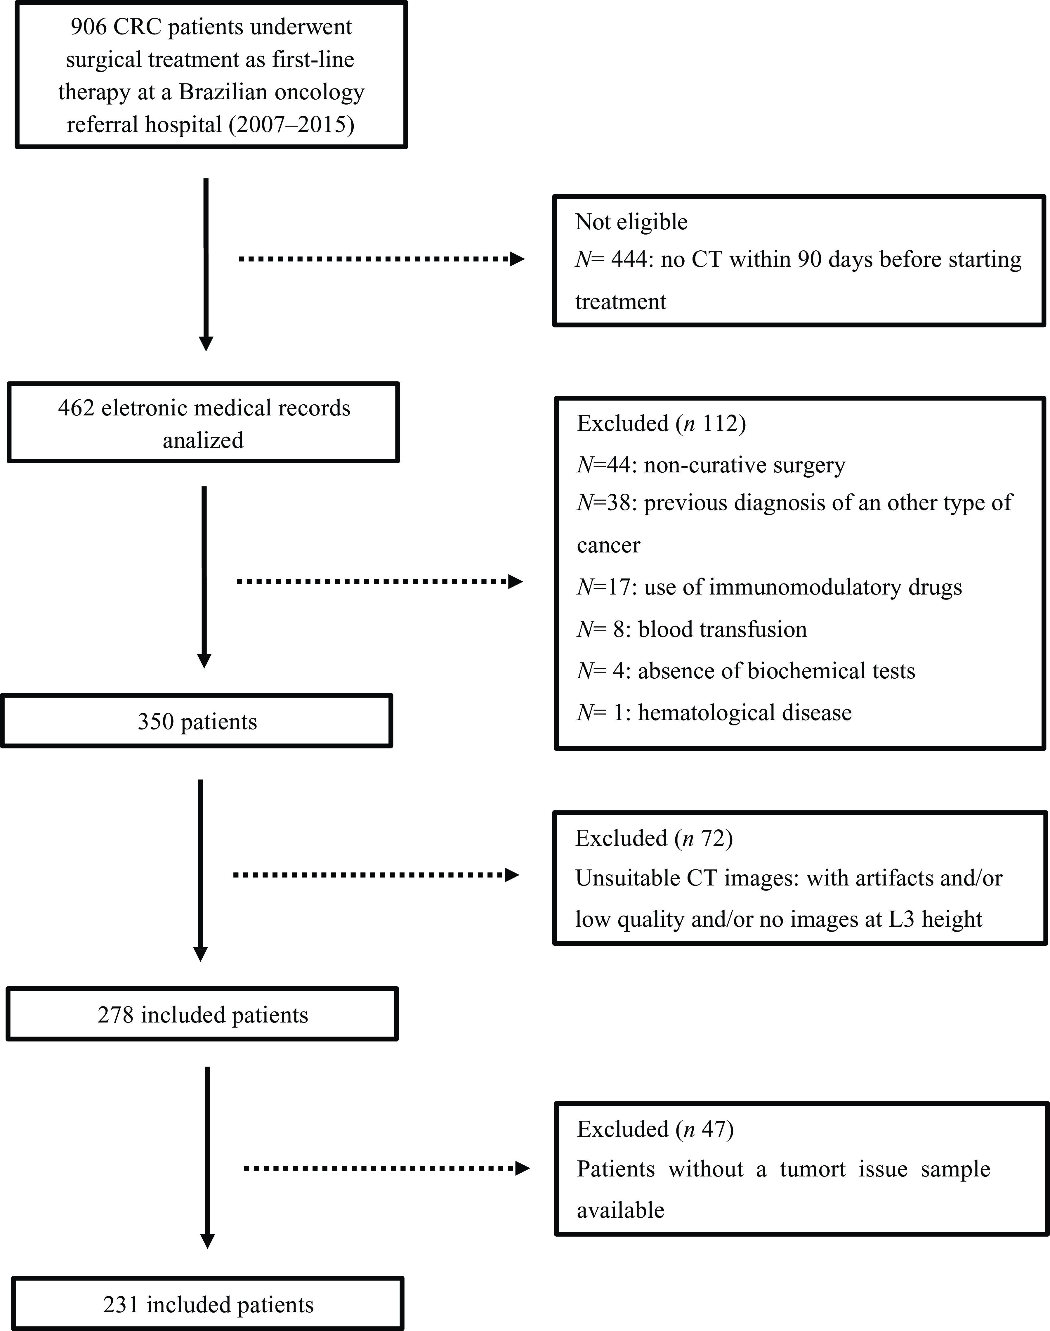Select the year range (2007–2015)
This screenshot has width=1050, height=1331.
tap(291, 125)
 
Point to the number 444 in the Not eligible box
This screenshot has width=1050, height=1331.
tap(629, 259)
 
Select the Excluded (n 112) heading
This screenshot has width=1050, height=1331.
tap(661, 424)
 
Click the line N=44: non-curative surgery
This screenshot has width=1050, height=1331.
tap(711, 465)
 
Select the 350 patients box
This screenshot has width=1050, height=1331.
tap(197, 721)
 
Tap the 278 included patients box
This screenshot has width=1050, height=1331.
tap(202, 1014)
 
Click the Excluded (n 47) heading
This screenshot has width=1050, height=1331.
tap(655, 1129)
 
